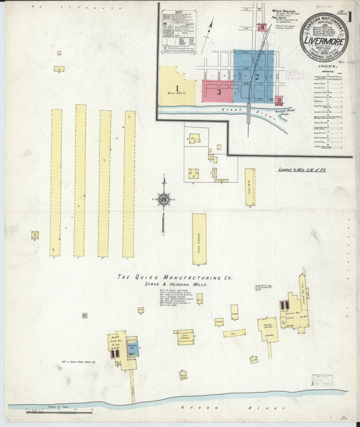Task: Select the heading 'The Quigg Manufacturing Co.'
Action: (x=175, y=277)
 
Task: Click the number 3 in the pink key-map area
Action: (x=219, y=92)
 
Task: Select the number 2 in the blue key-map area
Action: (x=257, y=76)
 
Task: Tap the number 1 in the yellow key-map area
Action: (x=176, y=87)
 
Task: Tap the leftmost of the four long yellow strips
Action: (x=56, y=182)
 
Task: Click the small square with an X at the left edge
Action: (x=34, y=235)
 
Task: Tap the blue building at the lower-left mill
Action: (x=133, y=347)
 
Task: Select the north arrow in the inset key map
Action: (x=211, y=30)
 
